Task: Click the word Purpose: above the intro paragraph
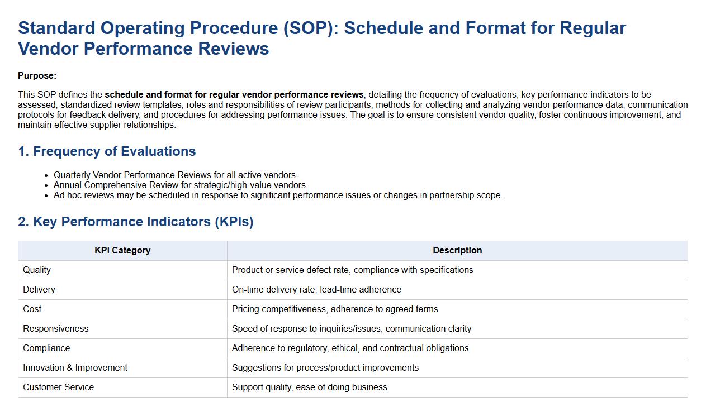[37, 76]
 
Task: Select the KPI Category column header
[122, 250]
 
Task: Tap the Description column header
[457, 250]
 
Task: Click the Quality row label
[37, 270]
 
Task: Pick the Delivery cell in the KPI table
[39, 290]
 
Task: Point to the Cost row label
[32, 309]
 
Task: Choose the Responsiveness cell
[56, 329]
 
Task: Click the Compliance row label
[46, 348]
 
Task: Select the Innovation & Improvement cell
[75, 368]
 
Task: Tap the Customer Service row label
[59, 387]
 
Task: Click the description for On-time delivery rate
[316, 290]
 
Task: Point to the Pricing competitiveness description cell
[335, 309]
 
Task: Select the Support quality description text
[310, 387]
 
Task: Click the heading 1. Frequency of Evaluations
[107, 151]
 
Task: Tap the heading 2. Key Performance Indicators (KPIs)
[136, 222]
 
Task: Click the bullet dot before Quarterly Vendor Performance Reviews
[46, 176]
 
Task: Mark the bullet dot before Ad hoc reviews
[46, 196]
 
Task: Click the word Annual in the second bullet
[68, 185]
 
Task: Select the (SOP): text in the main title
[311, 28]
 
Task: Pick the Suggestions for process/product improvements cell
[325, 368]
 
